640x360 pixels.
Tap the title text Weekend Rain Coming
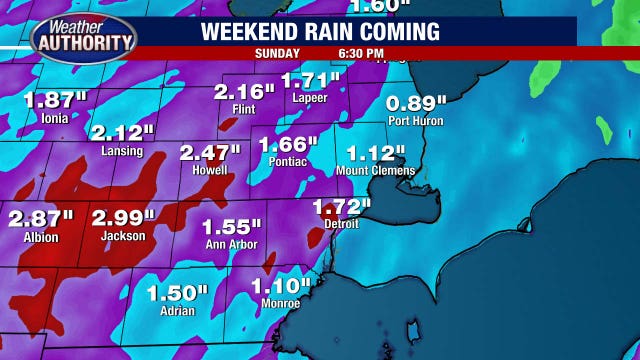tap(320, 32)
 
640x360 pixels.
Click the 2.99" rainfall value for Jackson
tap(124, 218)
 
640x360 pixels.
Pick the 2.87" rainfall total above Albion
tap(41, 218)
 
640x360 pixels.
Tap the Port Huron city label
tap(414, 122)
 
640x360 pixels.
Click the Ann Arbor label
tap(230, 245)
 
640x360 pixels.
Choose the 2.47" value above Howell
tap(210, 153)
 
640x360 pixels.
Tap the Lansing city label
tap(122, 152)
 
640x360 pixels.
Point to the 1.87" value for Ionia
tap(55, 101)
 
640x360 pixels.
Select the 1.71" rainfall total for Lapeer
tap(311, 81)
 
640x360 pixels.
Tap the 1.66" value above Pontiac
tap(289, 144)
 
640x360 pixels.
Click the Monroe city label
tap(280, 303)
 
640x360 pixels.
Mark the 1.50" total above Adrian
tap(177, 293)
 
